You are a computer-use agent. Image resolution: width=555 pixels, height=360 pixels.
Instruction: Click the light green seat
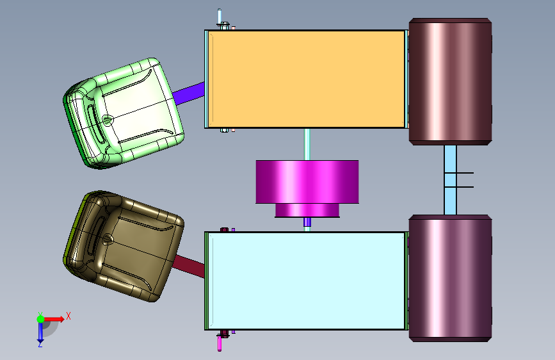pyautogui.click(x=123, y=113)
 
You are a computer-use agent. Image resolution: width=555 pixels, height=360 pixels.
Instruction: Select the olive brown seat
pyautogui.click(x=123, y=246)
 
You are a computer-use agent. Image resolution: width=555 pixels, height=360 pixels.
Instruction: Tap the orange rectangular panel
pyautogui.click(x=306, y=79)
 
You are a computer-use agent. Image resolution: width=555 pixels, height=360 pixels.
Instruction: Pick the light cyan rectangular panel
pyautogui.click(x=306, y=281)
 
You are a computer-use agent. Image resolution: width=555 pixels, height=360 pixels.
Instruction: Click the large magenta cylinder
pyautogui.click(x=307, y=182)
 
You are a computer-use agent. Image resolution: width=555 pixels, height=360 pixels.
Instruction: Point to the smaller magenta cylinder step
pyautogui.click(x=307, y=211)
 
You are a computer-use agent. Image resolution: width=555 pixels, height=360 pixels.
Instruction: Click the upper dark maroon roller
pyautogui.click(x=450, y=81)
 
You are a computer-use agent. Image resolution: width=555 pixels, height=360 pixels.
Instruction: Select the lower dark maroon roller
pyautogui.click(x=450, y=278)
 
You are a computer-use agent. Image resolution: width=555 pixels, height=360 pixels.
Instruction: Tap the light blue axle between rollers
pyautogui.click(x=450, y=180)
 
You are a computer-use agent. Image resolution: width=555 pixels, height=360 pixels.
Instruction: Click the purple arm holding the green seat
pyautogui.click(x=189, y=94)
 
